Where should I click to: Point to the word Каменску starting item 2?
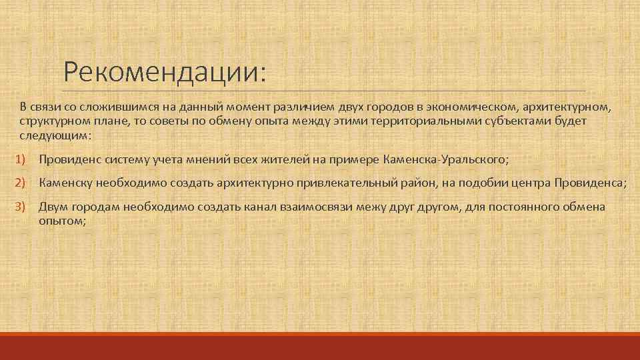pos(67,183)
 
